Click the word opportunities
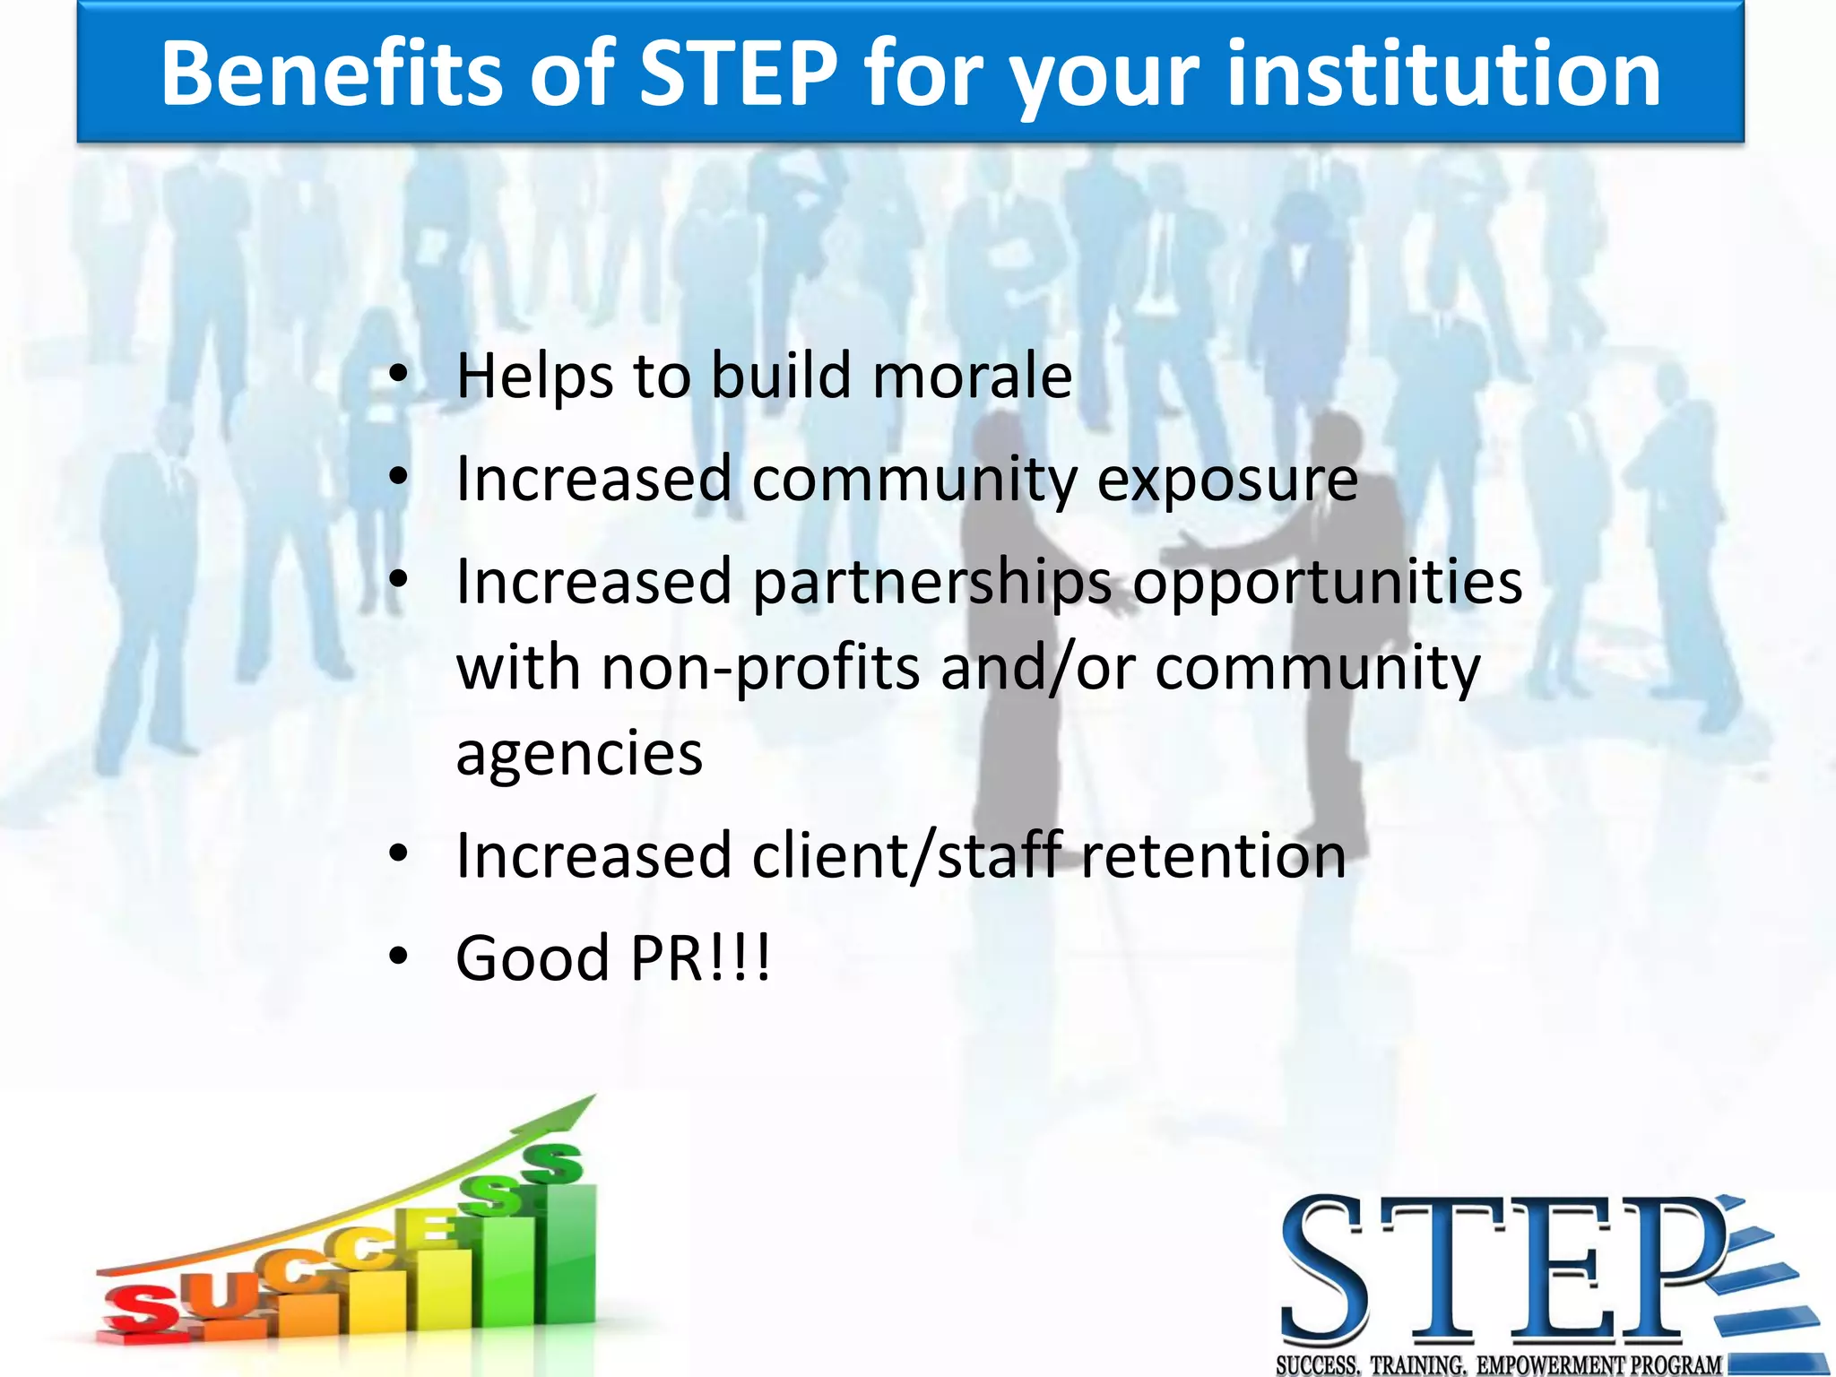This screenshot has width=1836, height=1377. click(1327, 584)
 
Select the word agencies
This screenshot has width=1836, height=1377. click(579, 754)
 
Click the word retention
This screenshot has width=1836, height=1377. click(1213, 856)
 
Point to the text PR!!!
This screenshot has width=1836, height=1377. click(699, 958)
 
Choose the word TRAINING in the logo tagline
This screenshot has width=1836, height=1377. click(1418, 1365)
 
